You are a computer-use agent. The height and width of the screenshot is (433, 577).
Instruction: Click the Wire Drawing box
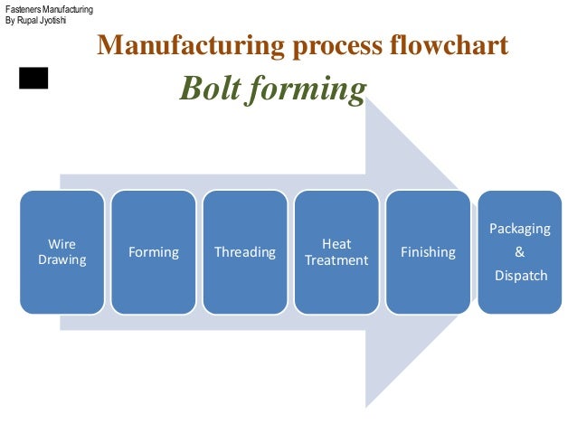click(x=62, y=252)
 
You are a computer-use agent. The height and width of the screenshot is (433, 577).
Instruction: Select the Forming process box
click(x=154, y=252)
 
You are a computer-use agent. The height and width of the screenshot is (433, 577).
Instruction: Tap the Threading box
click(x=245, y=252)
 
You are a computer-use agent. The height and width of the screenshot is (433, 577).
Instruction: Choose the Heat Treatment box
click(x=336, y=252)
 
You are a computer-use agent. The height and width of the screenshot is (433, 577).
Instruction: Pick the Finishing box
click(x=428, y=252)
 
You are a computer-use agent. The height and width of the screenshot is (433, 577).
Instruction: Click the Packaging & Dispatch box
click(x=519, y=252)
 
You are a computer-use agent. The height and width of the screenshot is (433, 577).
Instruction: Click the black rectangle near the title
click(x=33, y=79)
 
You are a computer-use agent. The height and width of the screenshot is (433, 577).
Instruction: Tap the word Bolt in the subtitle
click(x=209, y=89)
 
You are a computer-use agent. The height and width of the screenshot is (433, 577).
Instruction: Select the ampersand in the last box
click(x=519, y=252)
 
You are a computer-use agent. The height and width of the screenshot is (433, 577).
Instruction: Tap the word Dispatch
click(x=519, y=275)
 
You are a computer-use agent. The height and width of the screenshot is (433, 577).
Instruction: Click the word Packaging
click(x=519, y=230)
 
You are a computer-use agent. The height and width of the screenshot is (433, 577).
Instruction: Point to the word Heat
click(x=336, y=244)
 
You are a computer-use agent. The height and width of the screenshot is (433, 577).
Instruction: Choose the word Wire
click(x=62, y=244)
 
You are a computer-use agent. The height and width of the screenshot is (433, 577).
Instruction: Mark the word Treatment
click(x=336, y=260)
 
